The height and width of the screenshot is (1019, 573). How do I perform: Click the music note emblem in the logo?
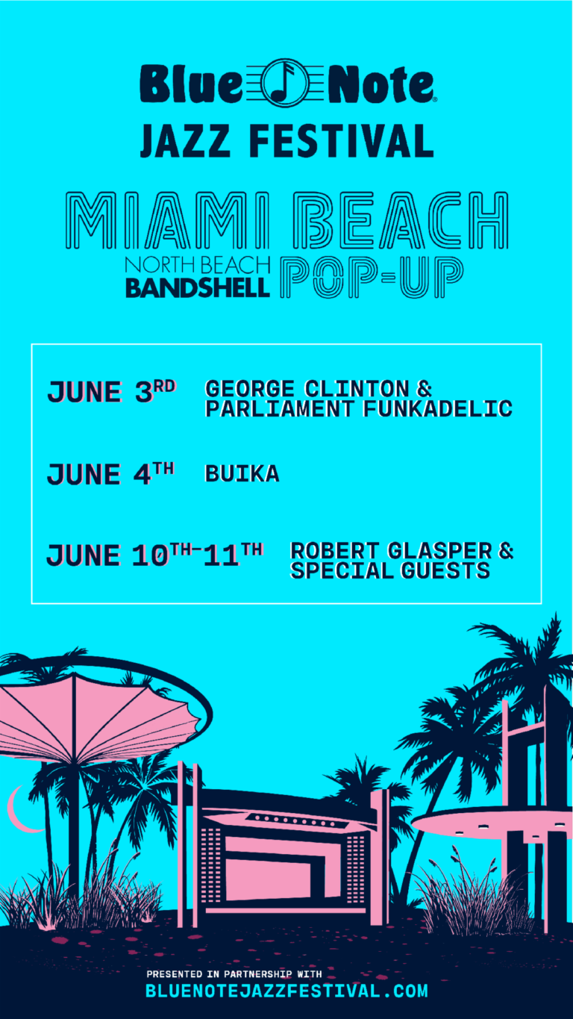point(285,83)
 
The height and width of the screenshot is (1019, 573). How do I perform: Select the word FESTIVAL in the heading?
point(342,141)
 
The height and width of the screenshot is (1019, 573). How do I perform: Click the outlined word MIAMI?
point(167,221)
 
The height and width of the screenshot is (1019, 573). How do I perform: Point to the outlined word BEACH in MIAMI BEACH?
point(400,221)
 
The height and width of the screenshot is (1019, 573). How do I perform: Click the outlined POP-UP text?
point(372,277)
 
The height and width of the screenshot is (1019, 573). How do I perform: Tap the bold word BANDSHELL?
point(198,288)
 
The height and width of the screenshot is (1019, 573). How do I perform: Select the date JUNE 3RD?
point(111,391)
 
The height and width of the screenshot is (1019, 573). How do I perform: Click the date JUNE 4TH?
point(110,473)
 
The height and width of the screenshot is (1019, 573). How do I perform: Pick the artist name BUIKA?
point(242,473)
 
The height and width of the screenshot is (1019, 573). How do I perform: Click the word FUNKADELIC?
point(437,408)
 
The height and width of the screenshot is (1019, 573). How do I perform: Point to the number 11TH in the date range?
point(233,555)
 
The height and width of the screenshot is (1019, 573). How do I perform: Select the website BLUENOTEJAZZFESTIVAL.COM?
point(286,991)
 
